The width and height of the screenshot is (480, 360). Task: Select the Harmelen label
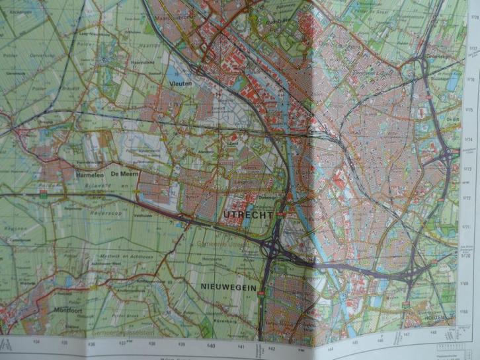(89, 174)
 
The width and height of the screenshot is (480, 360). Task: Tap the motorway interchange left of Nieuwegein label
(271, 249)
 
